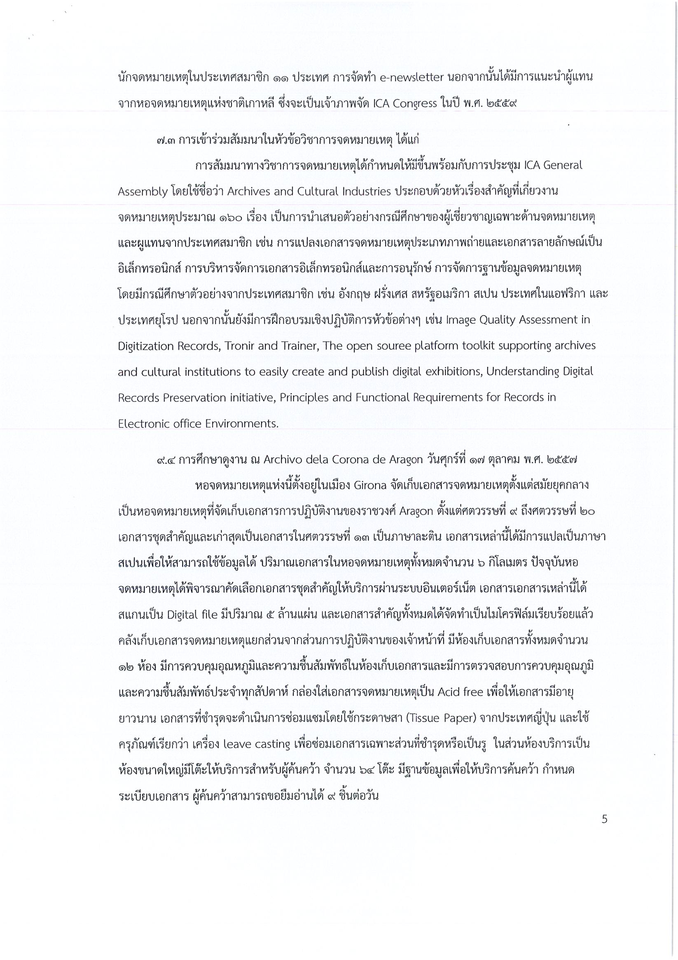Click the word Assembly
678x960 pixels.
tap(143, 192)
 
